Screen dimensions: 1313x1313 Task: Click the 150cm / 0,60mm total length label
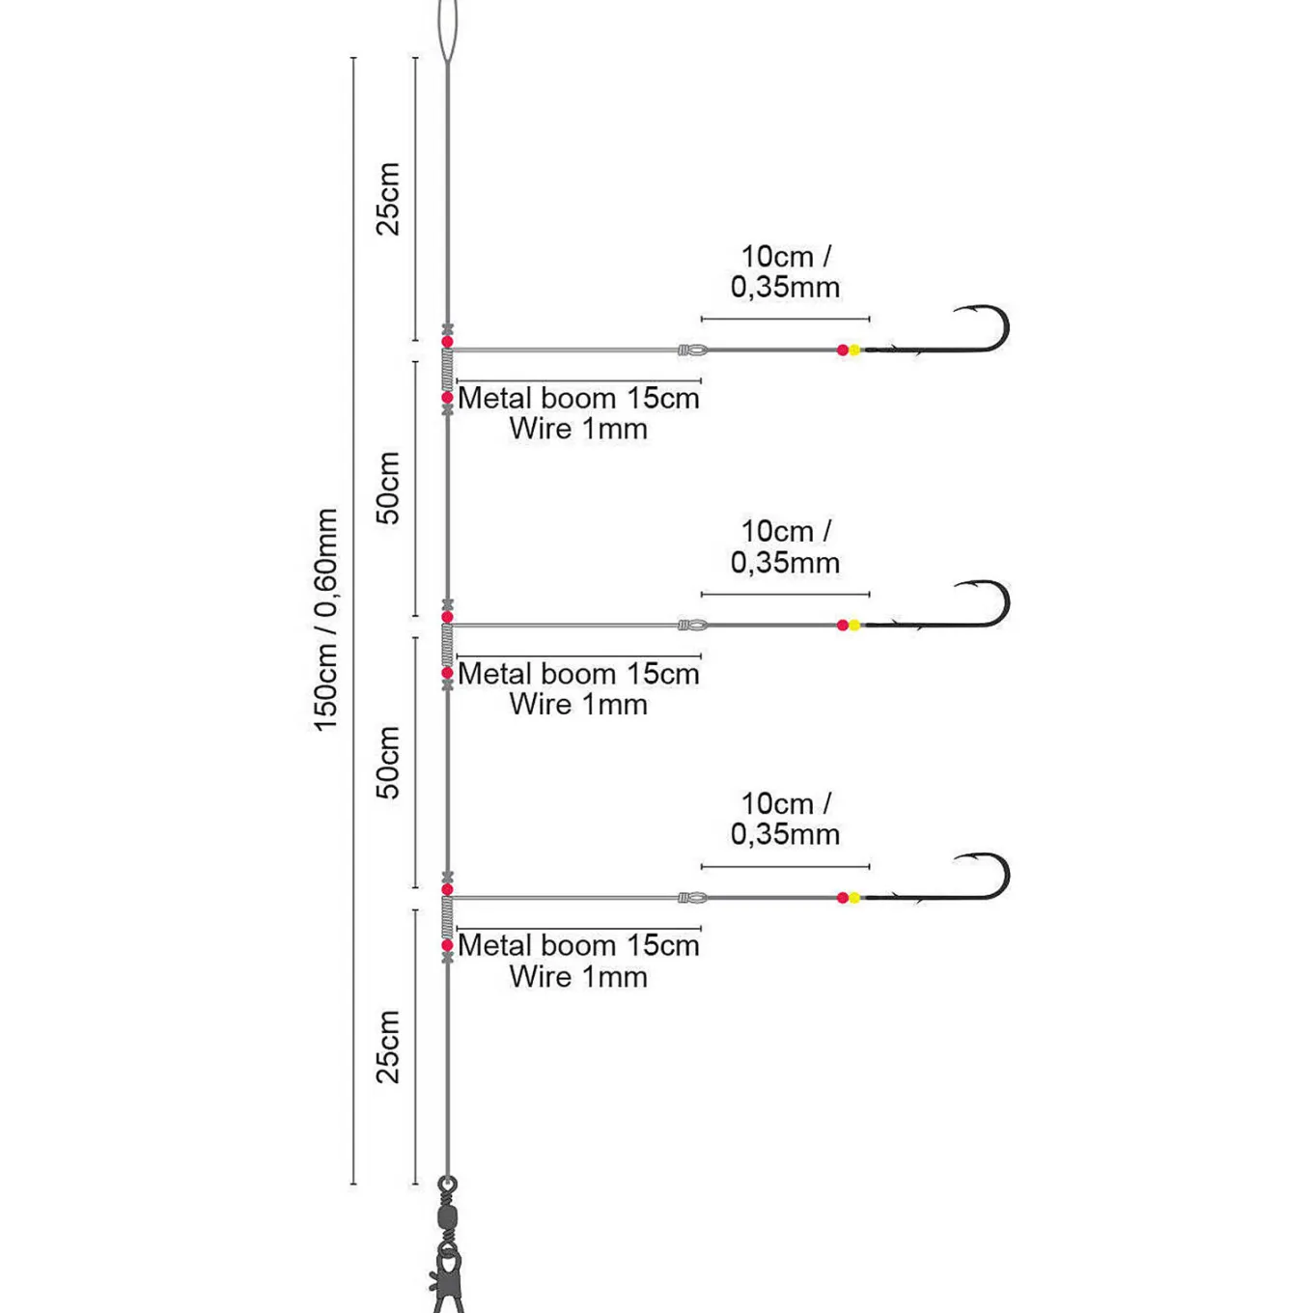coord(325,620)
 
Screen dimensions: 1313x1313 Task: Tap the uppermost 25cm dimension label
coord(388,199)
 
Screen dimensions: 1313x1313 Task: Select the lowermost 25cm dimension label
coord(388,1047)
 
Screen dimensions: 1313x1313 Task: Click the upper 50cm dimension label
coord(388,488)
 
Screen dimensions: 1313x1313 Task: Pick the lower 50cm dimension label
coord(388,762)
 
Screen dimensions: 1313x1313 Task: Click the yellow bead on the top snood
coord(854,349)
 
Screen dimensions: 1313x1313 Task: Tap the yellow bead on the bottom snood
coord(854,897)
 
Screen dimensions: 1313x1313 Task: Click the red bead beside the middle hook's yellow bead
coord(843,625)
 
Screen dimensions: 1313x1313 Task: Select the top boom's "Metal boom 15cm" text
coord(578,399)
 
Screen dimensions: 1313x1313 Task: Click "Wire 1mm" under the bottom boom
coord(578,977)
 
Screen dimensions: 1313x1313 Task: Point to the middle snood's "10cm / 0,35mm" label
coord(786,547)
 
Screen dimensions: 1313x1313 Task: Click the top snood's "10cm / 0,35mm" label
coord(786,272)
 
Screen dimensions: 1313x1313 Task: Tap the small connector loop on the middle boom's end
coord(693,625)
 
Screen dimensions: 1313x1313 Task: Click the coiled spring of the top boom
coord(447,370)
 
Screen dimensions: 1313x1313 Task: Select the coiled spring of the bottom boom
coord(447,917)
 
